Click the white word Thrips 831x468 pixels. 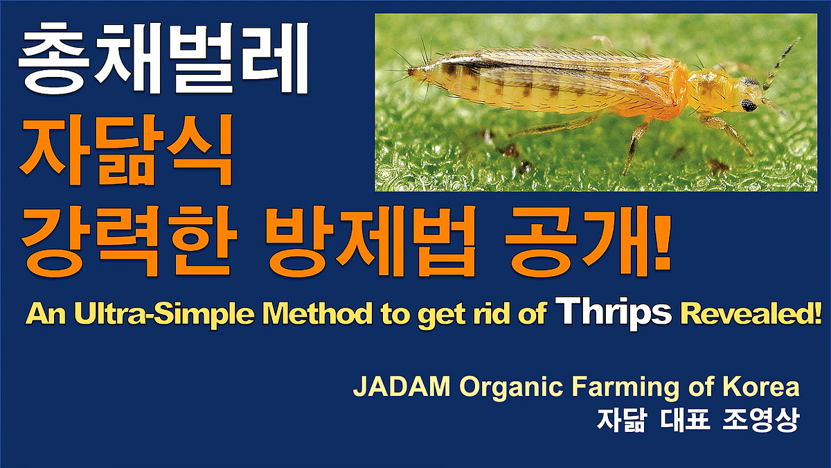616,313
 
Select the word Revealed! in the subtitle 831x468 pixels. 750,314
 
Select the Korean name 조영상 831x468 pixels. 760,419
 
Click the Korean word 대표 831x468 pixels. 685,419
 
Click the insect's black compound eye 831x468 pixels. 749,105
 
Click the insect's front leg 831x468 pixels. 727,135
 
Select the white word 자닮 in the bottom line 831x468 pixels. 621,419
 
